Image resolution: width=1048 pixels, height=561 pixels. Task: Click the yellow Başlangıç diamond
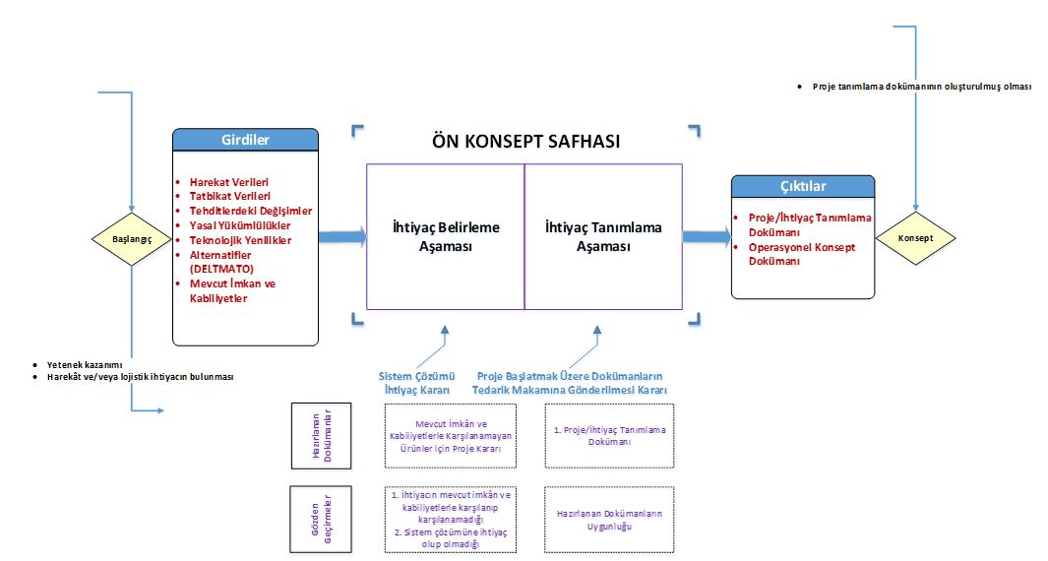132,239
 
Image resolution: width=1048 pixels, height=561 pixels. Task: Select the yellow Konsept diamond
916,238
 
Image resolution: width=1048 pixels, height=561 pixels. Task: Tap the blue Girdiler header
245,140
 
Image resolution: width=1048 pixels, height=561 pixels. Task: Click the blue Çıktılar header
803,187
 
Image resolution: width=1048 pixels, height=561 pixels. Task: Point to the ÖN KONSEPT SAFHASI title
526,141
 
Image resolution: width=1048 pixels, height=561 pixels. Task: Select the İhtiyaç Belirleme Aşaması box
446,237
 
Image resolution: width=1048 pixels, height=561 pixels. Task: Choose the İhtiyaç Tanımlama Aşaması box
603,237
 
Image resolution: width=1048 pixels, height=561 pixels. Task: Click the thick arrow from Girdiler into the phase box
342,236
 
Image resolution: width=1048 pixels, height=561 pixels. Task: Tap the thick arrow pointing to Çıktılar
708,236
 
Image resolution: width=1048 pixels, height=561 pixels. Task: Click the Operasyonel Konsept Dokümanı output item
801,254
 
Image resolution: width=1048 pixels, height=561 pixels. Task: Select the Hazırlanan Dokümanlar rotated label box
322,436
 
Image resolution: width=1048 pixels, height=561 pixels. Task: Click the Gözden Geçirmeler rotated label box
321,520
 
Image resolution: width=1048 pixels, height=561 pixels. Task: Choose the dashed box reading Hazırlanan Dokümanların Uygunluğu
609,520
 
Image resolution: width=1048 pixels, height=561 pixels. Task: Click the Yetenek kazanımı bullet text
85,365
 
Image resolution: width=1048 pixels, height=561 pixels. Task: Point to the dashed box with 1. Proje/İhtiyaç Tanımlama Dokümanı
609,435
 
